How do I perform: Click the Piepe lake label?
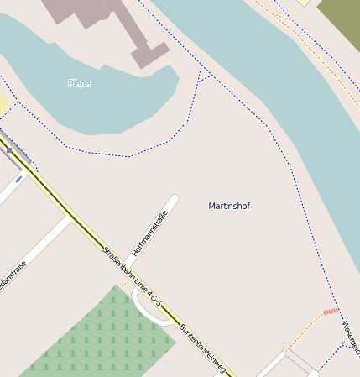79,83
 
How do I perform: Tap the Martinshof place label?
229,206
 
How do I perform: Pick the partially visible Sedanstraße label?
12,278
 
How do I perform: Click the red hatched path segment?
331,312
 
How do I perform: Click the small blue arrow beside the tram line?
18,178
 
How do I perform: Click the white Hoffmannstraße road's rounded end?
174,200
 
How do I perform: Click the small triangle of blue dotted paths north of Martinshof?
204,73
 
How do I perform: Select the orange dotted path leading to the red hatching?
307,328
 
